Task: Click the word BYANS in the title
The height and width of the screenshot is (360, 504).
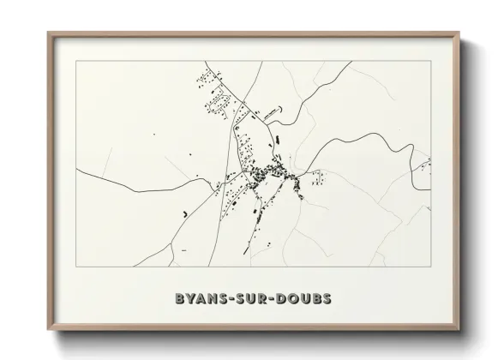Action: pyautogui.click(x=197, y=300)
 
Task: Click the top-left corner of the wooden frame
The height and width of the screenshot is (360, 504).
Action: pyautogui.click(x=48, y=33)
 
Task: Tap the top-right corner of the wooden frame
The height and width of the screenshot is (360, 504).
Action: pyautogui.click(x=456, y=33)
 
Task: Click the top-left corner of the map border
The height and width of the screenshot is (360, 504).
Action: pyautogui.click(x=76, y=62)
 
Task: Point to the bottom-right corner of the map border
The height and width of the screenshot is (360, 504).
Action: pyautogui.click(x=429, y=267)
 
